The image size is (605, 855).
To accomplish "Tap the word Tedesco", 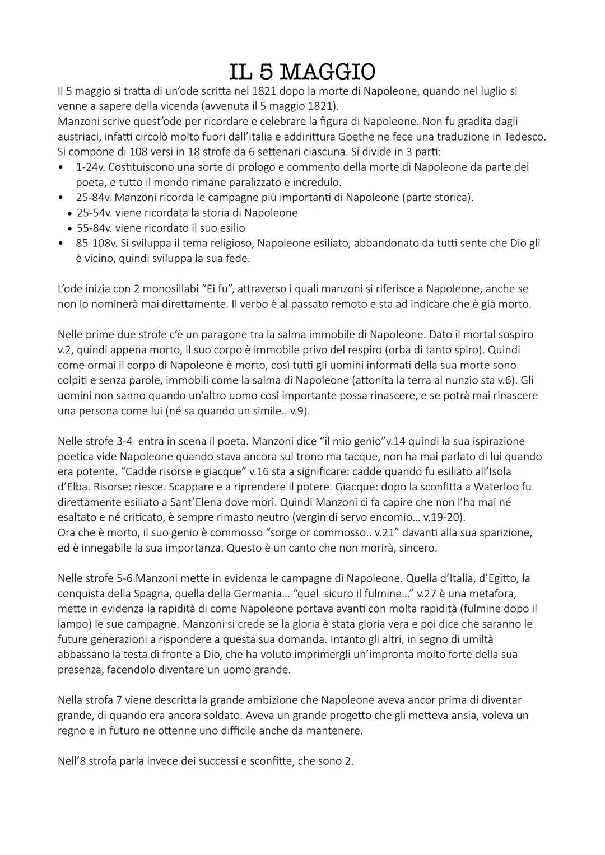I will tap(524, 137).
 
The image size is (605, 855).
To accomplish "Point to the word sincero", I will tap(417, 548).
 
